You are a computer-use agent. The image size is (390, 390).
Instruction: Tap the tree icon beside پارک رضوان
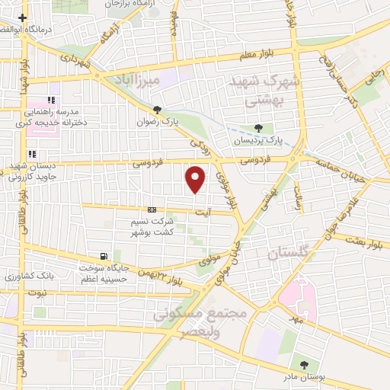(x=158, y=110)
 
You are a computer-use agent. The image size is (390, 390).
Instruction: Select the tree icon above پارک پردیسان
(x=259, y=128)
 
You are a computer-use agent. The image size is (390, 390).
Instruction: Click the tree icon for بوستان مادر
(x=305, y=366)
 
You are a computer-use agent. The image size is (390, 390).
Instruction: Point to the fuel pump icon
(x=103, y=256)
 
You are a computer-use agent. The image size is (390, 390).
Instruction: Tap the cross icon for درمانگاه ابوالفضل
(x=24, y=18)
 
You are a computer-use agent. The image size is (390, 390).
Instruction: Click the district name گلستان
(x=289, y=252)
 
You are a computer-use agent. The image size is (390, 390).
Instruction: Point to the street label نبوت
(x=37, y=292)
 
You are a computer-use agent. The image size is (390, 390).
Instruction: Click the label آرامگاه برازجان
(x=129, y=5)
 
